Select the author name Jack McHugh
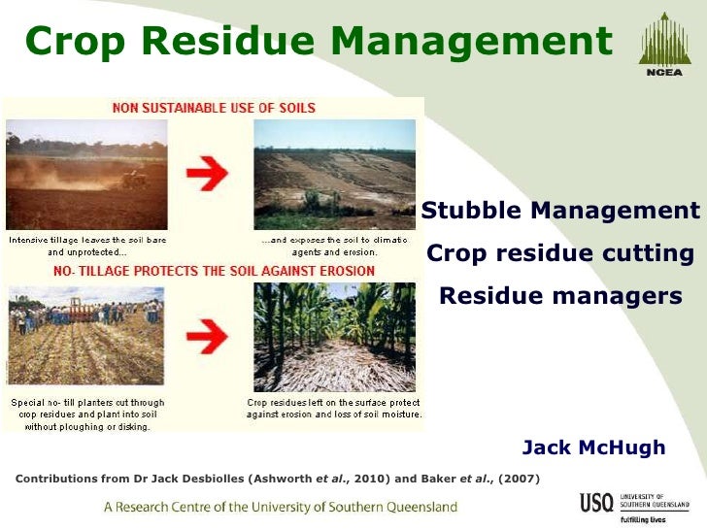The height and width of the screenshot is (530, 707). point(593,447)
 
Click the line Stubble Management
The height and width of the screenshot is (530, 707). point(560,211)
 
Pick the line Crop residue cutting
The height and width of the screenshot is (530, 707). point(560,253)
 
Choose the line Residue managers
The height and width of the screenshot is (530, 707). point(560,295)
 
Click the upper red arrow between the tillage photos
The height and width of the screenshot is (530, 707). point(212,176)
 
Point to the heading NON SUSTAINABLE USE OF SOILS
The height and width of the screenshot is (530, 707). point(214,108)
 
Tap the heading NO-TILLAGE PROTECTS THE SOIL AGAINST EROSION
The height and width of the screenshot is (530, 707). point(214,270)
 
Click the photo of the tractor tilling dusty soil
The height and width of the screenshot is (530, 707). point(86,175)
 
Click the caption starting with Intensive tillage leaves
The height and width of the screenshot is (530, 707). point(87,245)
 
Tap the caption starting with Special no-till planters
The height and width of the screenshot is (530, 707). point(87,414)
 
